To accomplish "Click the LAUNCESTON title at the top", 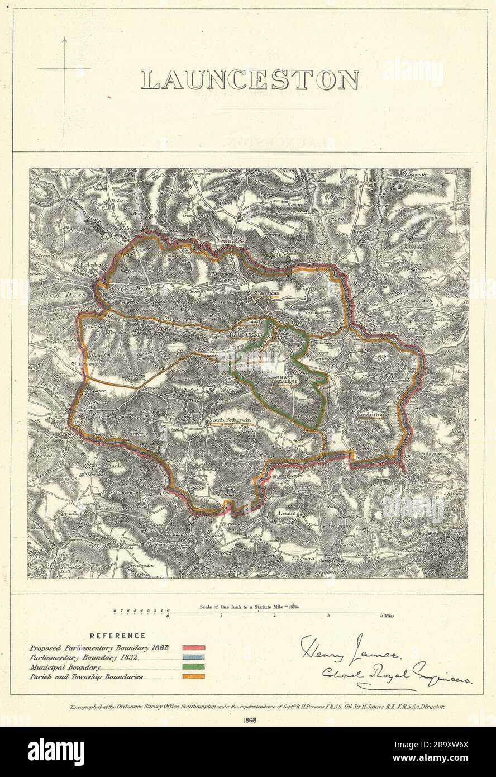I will (x=249, y=80).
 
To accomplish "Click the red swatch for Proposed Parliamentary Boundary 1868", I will (x=193, y=647).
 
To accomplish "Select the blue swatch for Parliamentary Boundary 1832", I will (x=193, y=657).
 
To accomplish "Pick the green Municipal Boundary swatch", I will (x=193, y=667).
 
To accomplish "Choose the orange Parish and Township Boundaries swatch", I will (x=193, y=676).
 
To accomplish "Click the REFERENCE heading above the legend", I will (x=118, y=636).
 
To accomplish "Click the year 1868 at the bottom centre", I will (x=250, y=720).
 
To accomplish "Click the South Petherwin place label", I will (x=228, y=420).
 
